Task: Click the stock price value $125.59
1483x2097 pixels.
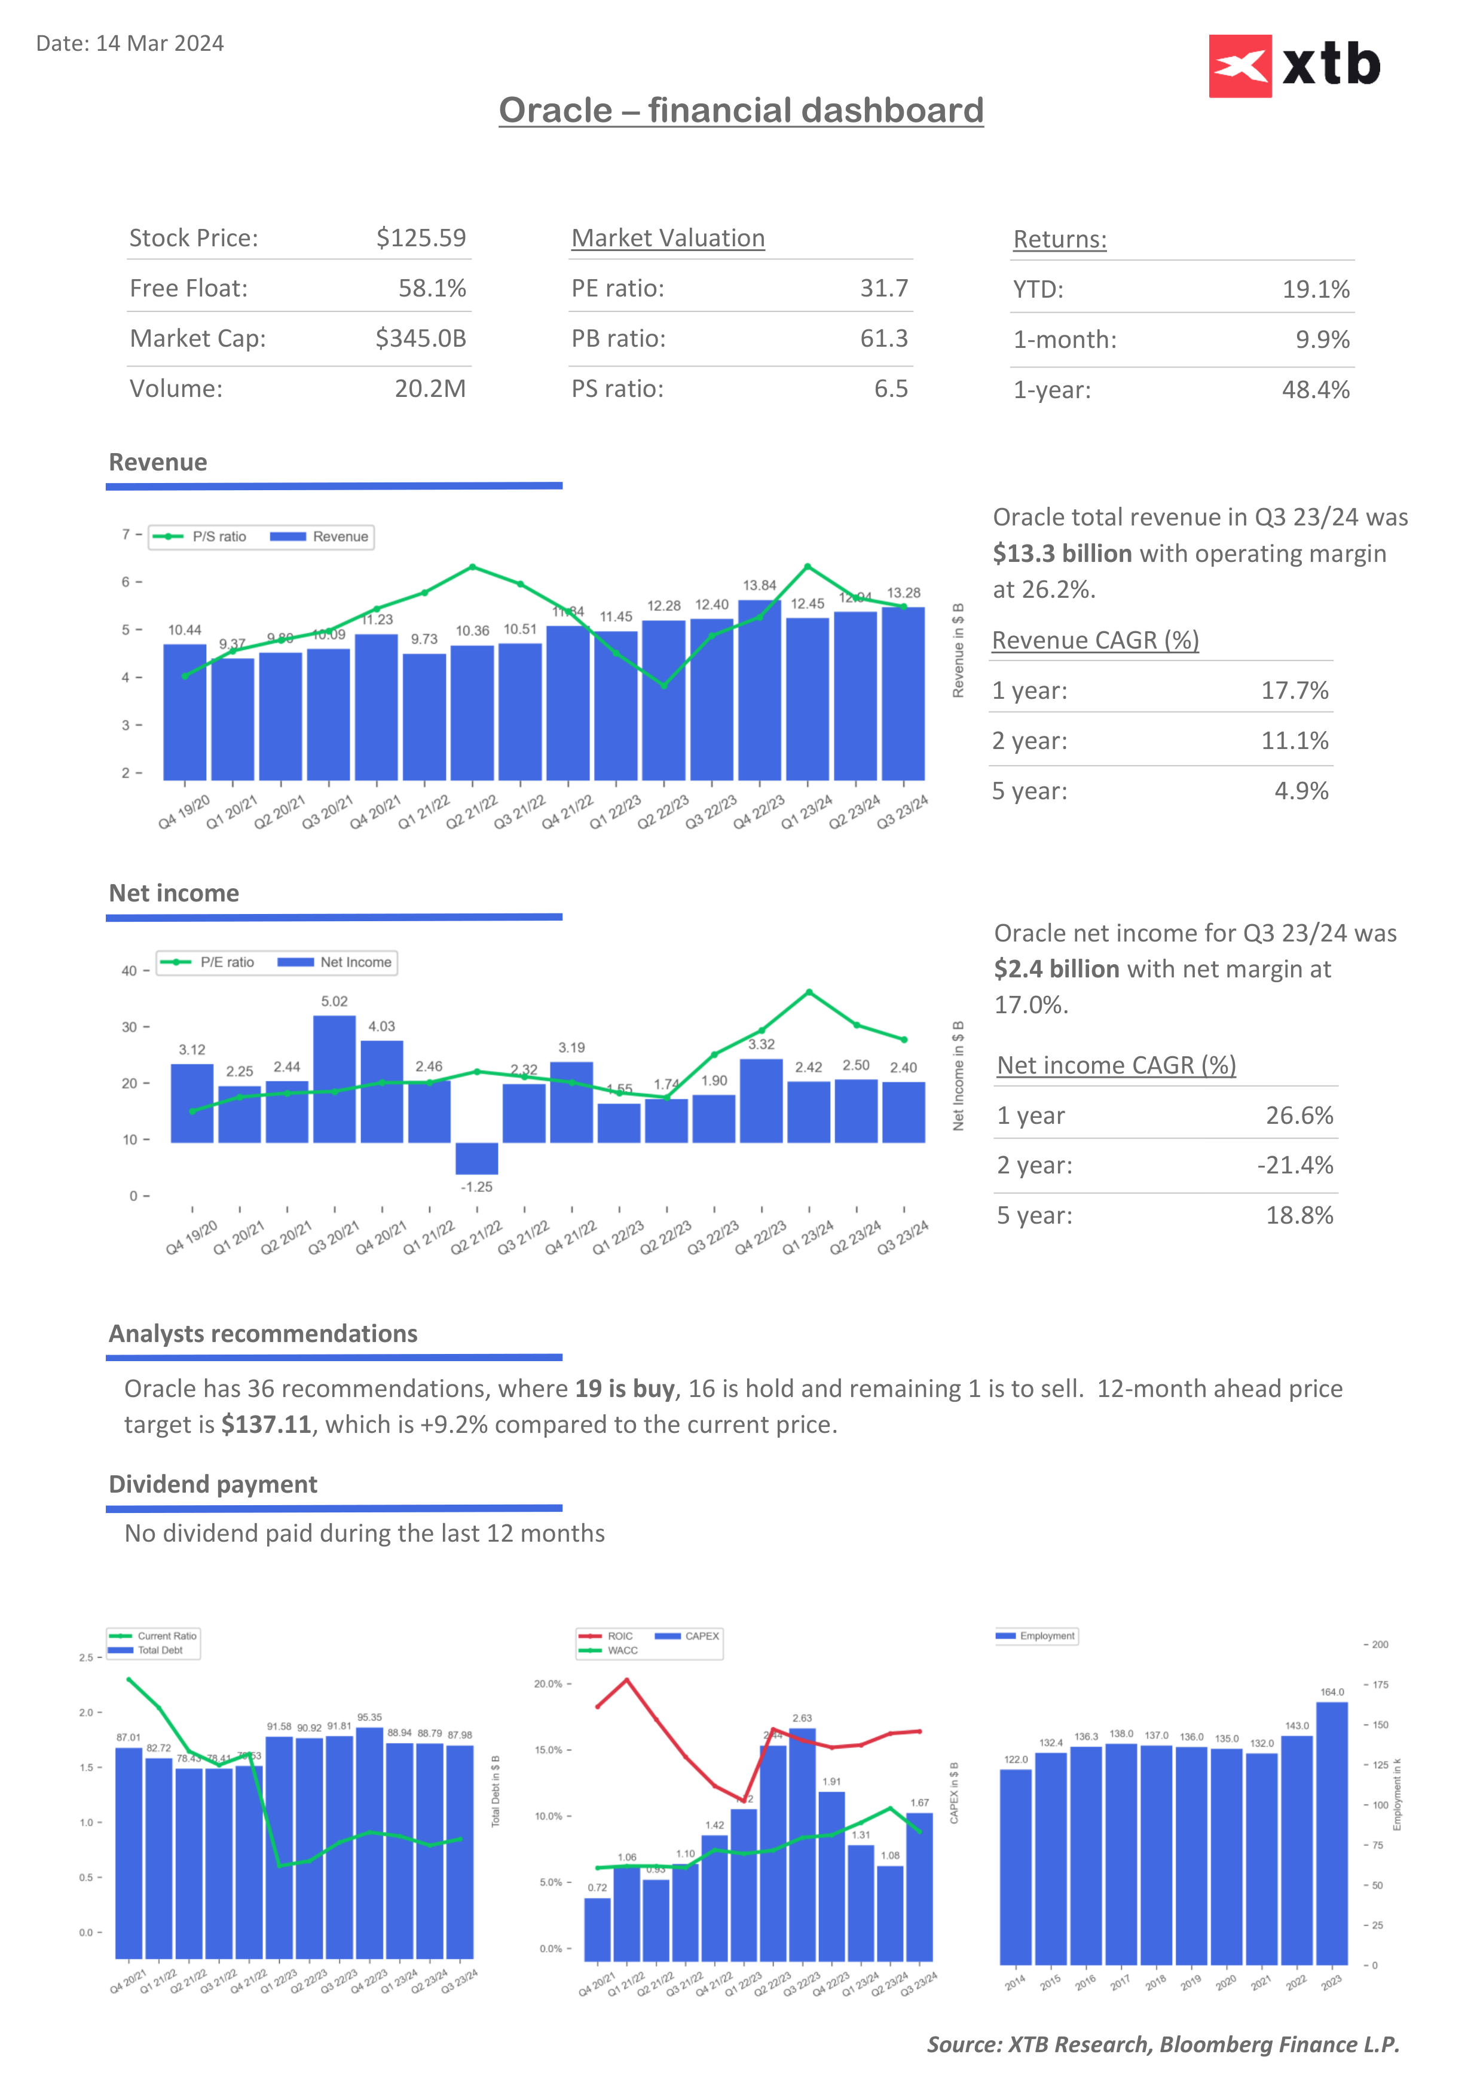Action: (421, 239)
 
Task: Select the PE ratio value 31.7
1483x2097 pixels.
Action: (883, 289)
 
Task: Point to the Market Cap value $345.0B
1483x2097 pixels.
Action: (420, 339)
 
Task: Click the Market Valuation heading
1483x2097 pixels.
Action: (668, 239)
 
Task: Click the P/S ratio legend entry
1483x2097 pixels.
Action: (200, 537)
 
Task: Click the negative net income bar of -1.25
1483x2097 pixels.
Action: (476, 1158)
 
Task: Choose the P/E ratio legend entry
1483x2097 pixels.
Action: (208, 962)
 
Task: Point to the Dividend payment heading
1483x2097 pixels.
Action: (213, 1484)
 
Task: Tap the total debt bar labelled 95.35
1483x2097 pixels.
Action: (369, 1842)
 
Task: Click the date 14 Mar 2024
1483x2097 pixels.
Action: (159, 44)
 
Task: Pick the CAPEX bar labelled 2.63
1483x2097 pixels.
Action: (802, 1845)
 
